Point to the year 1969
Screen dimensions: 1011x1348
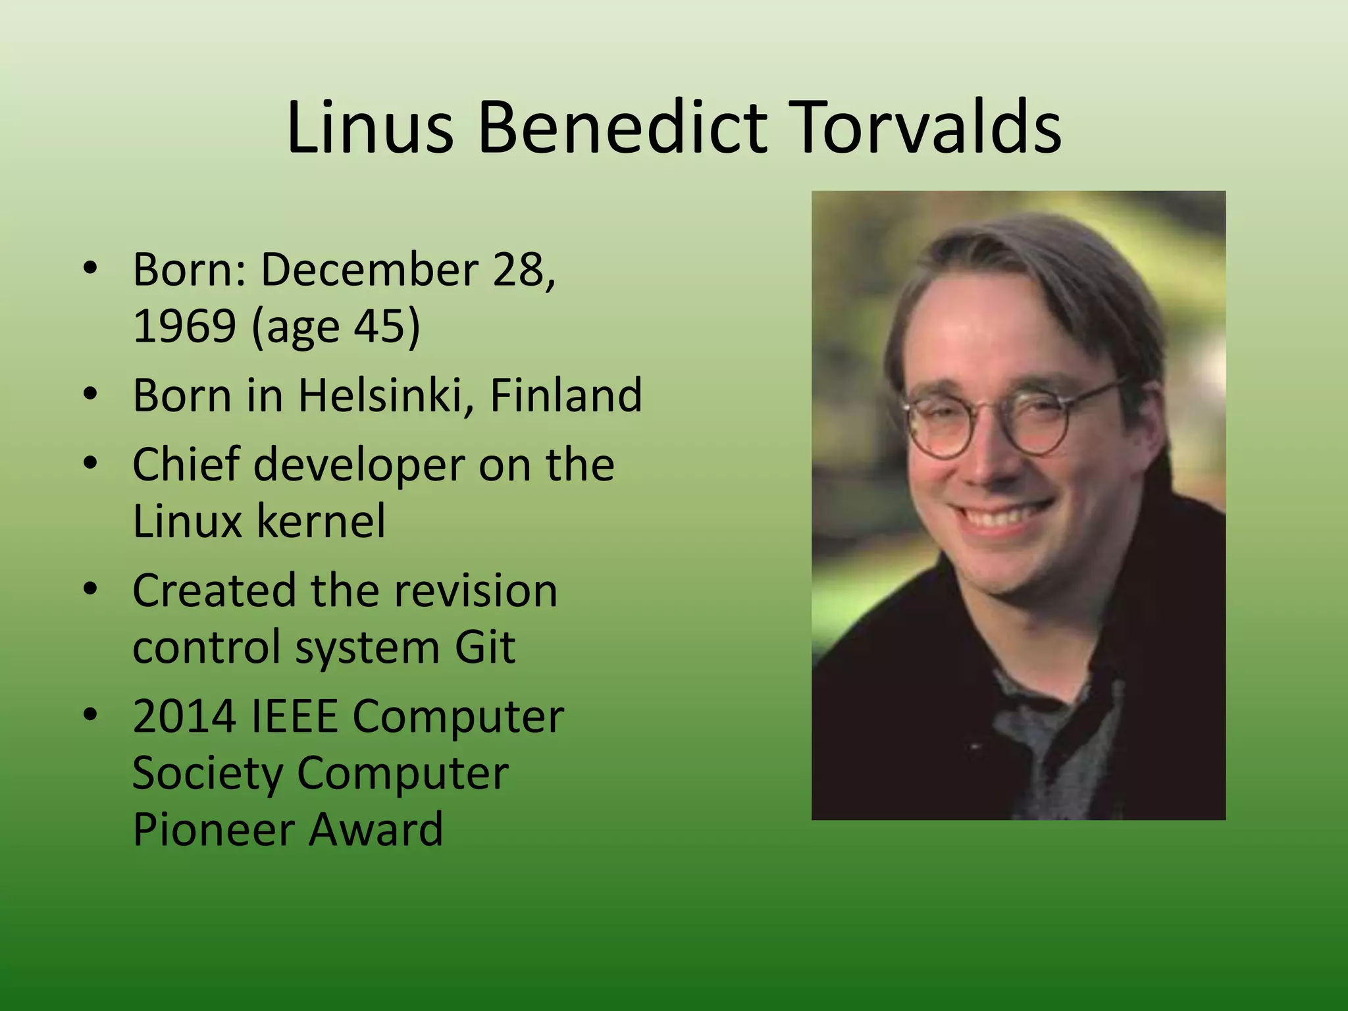tap(184, 326)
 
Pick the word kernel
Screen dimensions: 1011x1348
tap(321, 521)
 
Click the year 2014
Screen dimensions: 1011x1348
tap(184, 716)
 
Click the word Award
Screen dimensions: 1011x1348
tap(376, 829)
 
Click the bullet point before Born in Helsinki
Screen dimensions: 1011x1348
tap(91, 395)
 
